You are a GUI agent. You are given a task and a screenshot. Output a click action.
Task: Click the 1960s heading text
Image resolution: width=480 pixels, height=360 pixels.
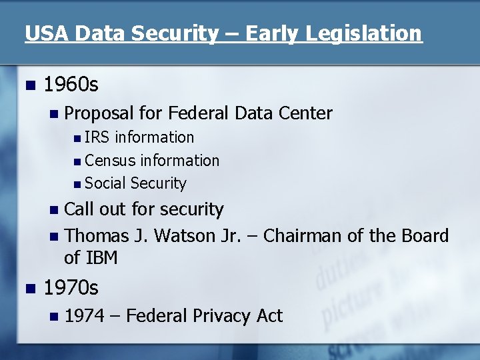click(71, 85)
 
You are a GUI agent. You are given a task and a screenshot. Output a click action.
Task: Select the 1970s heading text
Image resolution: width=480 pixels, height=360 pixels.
click(71, 287)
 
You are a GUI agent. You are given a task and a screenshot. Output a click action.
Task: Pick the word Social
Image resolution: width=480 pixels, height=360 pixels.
click(106, 183)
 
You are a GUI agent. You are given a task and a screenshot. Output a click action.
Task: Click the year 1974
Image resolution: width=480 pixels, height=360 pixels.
click(85, 315)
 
